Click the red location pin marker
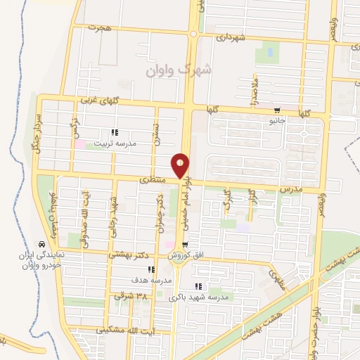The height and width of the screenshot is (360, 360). pyautogui.click(x=181, y=165)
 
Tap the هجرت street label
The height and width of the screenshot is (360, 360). pyautogui.click(x=101, y=27)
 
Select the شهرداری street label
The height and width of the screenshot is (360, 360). pyautogui.click(x=231, y=37)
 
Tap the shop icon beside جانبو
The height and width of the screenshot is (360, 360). pyautogui.click(x=278, y=110)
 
